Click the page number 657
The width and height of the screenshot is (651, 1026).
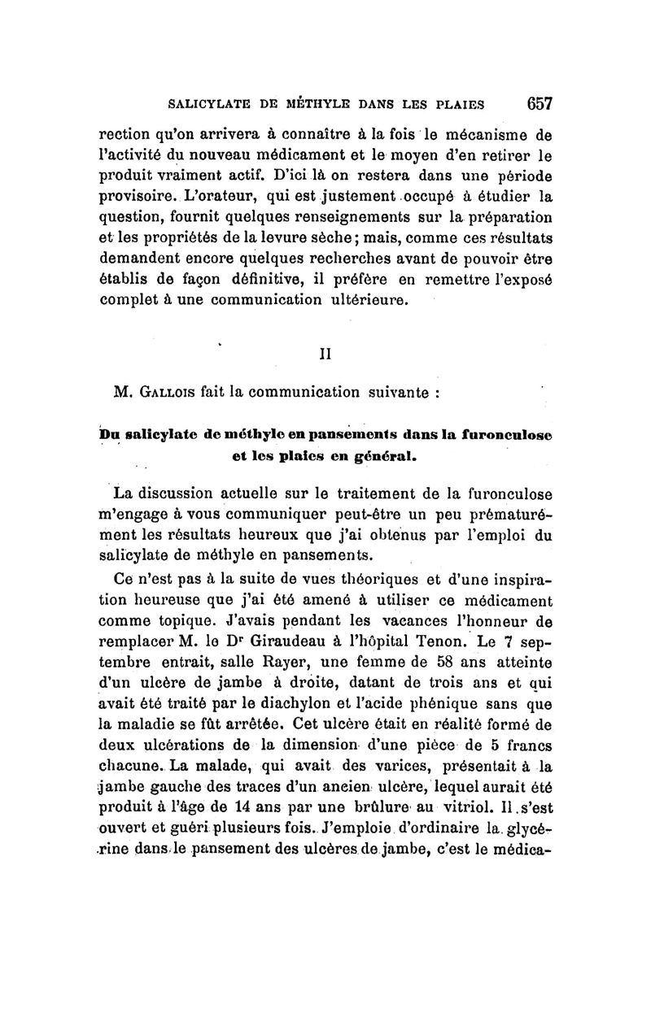pyautogui.click(x=540, y=103)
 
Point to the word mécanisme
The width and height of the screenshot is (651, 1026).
pyautogui.click(x=495, y=133)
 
